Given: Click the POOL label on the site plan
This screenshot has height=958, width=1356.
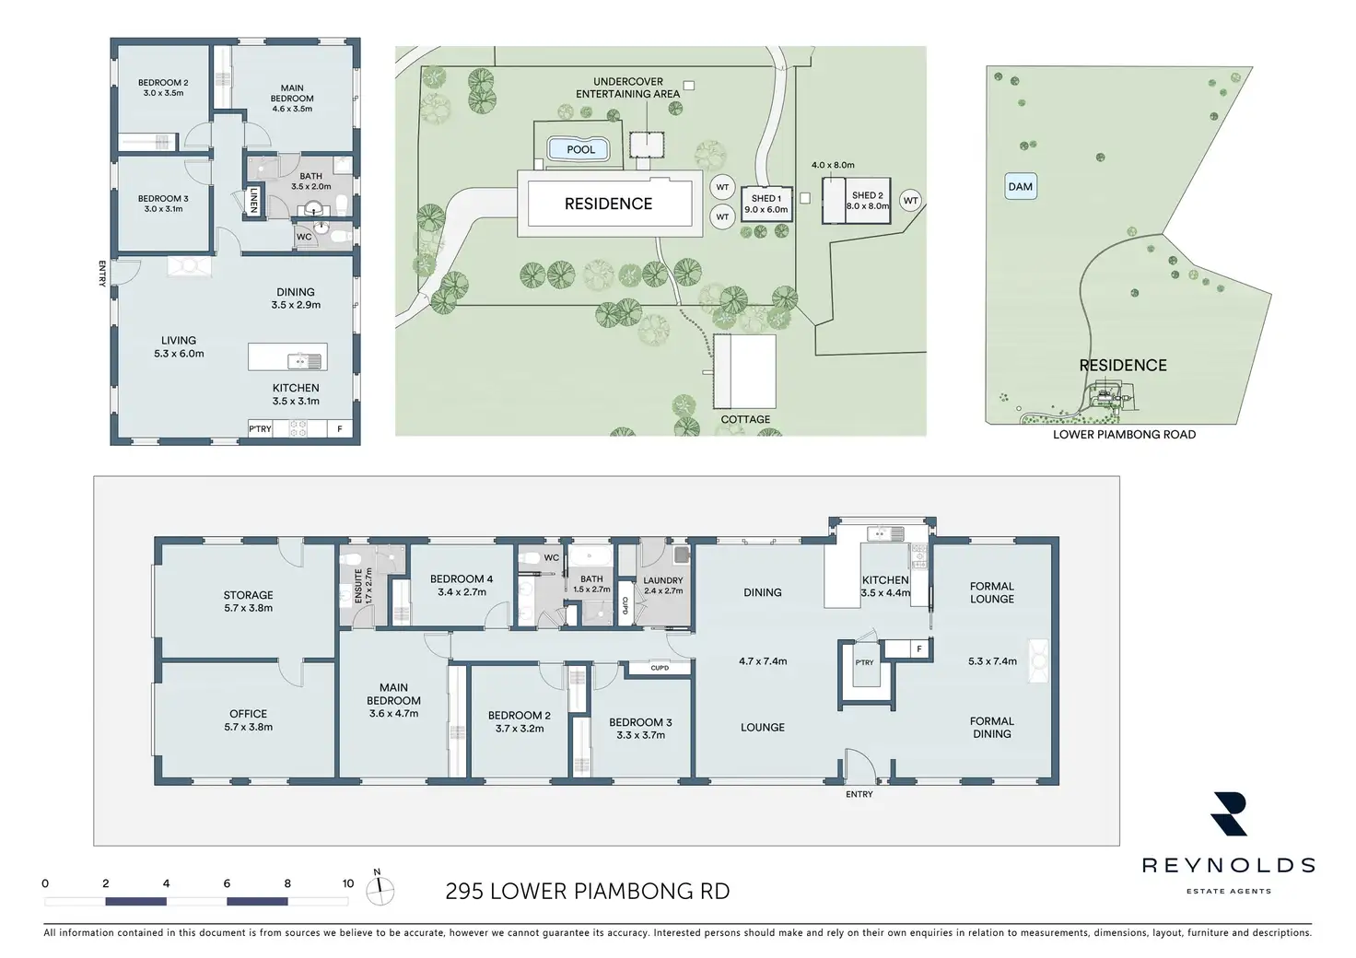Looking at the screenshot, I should pyautogui.click(x=580, y=149).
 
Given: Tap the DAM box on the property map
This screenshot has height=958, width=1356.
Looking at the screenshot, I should pyautogui.click(x=1021, y=186).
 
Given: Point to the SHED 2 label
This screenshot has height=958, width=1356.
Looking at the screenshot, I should pyautogui.click(x=868, y=195).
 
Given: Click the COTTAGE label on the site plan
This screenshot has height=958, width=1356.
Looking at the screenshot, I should pyautogui.click(x=745, y=419).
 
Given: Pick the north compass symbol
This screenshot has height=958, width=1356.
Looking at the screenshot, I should pyautogui.click(x=380, y=890).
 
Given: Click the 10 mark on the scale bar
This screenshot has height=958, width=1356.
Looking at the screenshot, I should pyautogui.click(x=348, y=883).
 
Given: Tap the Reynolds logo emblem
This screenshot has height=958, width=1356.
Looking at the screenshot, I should pyautogui.click(x=1229, y=813).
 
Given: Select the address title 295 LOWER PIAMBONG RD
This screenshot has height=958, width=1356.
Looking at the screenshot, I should pyautogui.click(x=587, y=892).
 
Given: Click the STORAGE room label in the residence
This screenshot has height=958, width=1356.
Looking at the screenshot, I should pyautogui.click(x=248, y=595).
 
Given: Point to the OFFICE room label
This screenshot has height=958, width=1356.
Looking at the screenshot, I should pyautogui.click(x=248, y=714).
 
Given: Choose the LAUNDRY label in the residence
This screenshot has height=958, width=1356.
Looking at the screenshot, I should pyautogui.click(x=663, y=580).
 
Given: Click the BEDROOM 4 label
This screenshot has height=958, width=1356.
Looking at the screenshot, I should pyautogui.click(x=462, y=579).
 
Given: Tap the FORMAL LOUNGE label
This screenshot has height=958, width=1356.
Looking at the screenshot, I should pyautogui.click(x=992, y=592).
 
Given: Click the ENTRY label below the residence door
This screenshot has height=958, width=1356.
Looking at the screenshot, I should pyautogui.click(x=859, y=794).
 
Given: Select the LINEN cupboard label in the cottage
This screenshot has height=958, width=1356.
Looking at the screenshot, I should pyautogui.click(x=253, y=199).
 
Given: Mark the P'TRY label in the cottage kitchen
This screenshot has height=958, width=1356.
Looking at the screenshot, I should pyautogui.click(x=261, y=428).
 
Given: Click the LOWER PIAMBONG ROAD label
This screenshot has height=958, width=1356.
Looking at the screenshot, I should pyautogui.click(x=1124, y=435).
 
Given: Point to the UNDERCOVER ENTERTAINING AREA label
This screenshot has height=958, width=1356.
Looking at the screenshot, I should pyautogui.click(x=627, y=88).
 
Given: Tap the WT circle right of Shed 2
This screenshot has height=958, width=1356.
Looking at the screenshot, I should pyautogui.click(x=910, y=201).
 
